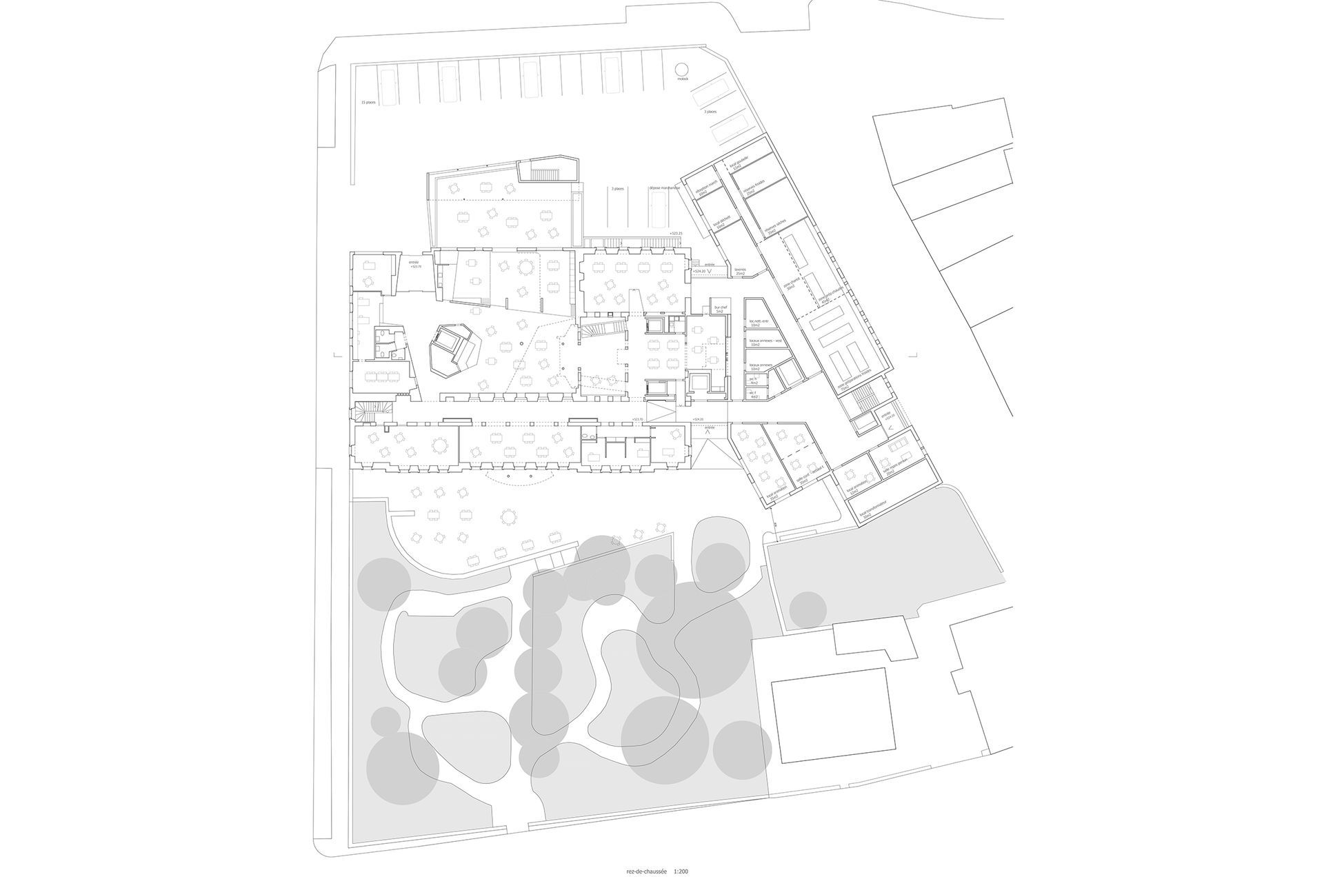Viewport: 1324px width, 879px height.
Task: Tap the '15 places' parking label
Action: click(x=368, y=102)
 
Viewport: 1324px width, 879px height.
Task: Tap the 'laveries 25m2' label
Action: click(x=741, y=272)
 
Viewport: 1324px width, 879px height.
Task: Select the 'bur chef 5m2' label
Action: click(x=719, y=311)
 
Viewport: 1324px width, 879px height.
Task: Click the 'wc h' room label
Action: click(x=754, y=381)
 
